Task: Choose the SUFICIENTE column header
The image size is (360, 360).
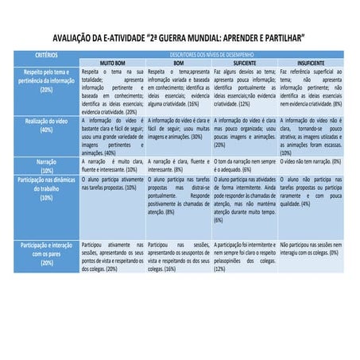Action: [245, 61]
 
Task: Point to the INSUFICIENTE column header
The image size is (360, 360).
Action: [310, 61]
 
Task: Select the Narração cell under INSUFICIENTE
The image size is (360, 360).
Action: [310, 161]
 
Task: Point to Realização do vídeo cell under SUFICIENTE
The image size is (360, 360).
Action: [245, 131]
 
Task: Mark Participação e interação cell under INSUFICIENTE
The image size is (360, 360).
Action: [310, 248]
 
